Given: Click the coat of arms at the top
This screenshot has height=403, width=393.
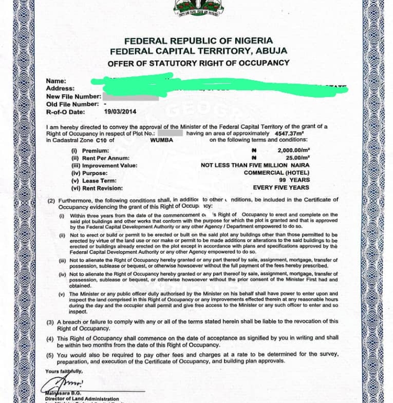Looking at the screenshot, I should [198, 8].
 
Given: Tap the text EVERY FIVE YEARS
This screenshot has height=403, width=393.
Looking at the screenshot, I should [281, 188].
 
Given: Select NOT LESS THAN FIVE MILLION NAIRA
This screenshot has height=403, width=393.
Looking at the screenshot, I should [255, 166].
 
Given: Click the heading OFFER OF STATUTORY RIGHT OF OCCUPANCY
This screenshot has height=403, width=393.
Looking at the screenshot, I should [198, 63].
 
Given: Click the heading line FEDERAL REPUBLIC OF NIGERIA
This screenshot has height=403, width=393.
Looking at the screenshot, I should [198, 41].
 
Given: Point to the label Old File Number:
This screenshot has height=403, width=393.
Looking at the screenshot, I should [72, 104].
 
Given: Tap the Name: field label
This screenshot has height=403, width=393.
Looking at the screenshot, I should [56, 81].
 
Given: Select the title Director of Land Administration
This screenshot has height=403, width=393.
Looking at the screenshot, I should [82, 399].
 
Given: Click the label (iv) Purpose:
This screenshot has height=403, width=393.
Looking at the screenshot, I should [90, 173].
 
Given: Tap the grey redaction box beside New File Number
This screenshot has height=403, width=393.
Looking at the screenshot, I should [130, 97].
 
